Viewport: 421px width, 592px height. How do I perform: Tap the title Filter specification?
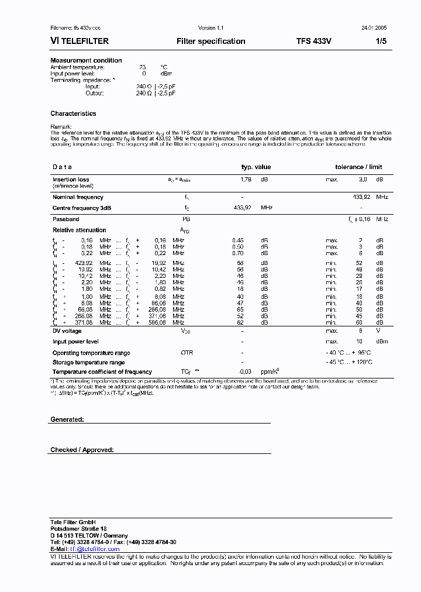point(210,42)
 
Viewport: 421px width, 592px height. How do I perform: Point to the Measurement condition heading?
point(86,60)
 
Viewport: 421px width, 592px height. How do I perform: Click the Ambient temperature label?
point(77,67)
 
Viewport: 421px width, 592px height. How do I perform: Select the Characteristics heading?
point(73,113)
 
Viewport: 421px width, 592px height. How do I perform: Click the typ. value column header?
point(256,167)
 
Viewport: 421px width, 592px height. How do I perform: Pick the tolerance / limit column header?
point(358,167)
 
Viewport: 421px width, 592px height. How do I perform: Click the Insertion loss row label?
point(71,180)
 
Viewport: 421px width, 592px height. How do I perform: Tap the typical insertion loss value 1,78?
point(246,180)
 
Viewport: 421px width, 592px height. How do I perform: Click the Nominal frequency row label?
point(78,198)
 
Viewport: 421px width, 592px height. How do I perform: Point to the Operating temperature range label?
point(91,353)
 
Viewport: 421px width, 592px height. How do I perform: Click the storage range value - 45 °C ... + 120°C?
point(348,362)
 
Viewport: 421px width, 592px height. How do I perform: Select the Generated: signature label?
point(67,419)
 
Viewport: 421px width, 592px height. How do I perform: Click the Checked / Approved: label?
point(82,450)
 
